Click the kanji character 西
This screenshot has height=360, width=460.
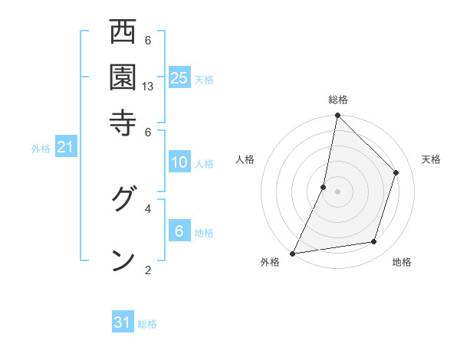pos(123,33)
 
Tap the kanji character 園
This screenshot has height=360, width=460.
pos(123,77)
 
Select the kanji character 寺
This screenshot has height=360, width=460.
pos(123,121)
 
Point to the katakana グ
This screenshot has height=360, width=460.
pos(123,201)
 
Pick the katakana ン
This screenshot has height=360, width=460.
pos(123,259)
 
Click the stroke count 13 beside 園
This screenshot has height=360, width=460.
pos(148,87)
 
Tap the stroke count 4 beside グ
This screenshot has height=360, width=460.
pos(148,208)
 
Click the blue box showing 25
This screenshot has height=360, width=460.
pos(179,77)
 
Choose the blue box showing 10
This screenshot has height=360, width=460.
pos(179,162)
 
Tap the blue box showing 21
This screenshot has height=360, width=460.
pos(65,148)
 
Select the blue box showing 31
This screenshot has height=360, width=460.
pos(123,323)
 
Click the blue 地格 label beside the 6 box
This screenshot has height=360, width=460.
pos(204,233)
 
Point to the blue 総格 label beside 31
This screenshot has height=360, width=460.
pos(147,324)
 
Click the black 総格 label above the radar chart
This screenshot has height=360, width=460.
pos(337,100)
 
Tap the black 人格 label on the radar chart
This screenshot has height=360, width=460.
pos(245,159)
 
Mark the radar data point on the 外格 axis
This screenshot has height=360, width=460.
pos(292,253)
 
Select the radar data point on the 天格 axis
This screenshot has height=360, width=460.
pos(396,172)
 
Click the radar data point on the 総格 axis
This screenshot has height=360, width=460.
pos(337,116)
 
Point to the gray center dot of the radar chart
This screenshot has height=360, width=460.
pos(337,191)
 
